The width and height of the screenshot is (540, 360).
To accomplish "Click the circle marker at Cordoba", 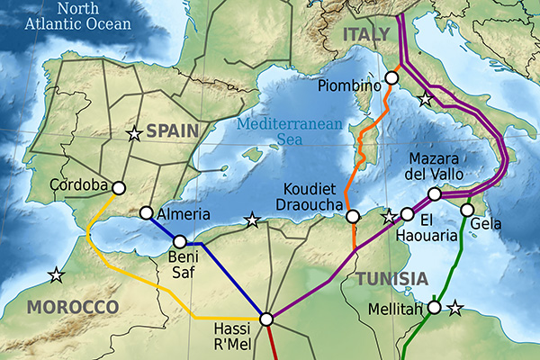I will click(117, 187).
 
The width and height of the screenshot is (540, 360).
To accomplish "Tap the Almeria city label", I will click(184, 214).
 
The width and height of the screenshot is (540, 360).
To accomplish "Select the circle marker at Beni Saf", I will click(180, 241).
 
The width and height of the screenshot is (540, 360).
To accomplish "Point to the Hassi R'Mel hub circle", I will click(265, 319).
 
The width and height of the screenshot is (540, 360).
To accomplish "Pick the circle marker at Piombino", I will click(391, 78).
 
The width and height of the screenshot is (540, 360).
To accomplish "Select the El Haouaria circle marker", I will click(407, 214).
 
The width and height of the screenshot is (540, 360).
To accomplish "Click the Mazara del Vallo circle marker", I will click(435, 194).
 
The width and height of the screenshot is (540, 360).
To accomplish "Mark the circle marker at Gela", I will click(467, 210).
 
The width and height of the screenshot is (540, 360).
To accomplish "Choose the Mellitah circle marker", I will click(434, 308).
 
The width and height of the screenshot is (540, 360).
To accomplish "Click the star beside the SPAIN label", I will click(134, 134).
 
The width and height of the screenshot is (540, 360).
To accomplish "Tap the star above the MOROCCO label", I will click(57, 274).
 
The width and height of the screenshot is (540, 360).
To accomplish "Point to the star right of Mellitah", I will click(454, 309).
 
